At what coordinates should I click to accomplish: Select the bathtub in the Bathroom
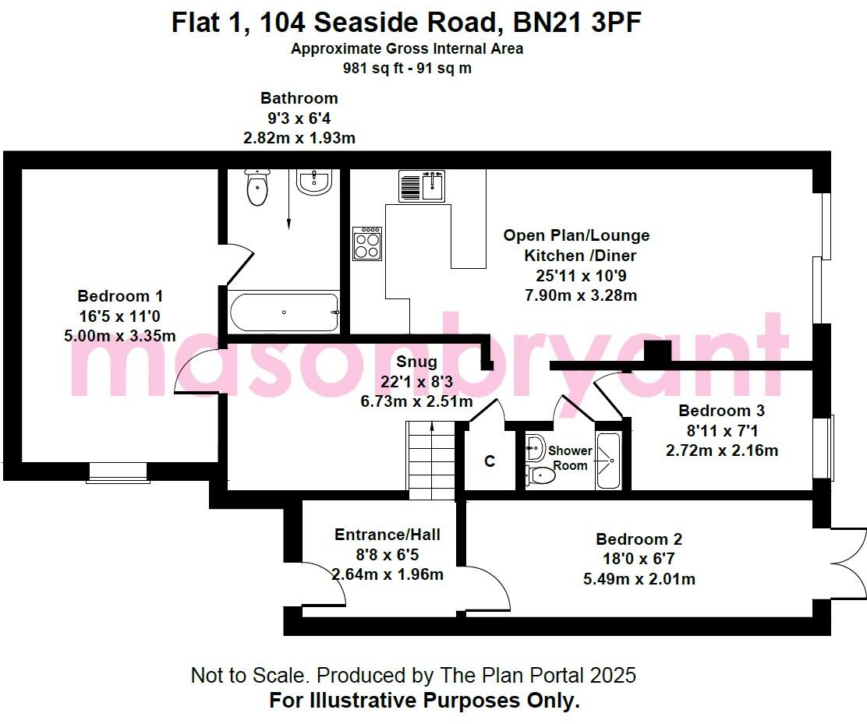[283, 313]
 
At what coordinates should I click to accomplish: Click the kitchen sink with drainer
[422, 185]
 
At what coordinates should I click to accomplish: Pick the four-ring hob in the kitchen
[367, 244]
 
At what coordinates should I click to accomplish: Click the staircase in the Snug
[430, 460]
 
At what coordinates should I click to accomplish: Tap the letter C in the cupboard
[490, 461]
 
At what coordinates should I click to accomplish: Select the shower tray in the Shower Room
[607, 461]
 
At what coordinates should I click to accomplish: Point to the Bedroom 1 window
[117, 472]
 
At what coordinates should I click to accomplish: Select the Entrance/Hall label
[387, 535]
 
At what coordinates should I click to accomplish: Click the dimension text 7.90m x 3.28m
[581, 295]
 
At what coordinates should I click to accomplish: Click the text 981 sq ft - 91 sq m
[407, 68]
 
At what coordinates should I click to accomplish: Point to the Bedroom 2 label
[639, 539]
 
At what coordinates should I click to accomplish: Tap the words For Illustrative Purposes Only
[424, 700]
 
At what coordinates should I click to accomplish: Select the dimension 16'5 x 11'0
[120, 316]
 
